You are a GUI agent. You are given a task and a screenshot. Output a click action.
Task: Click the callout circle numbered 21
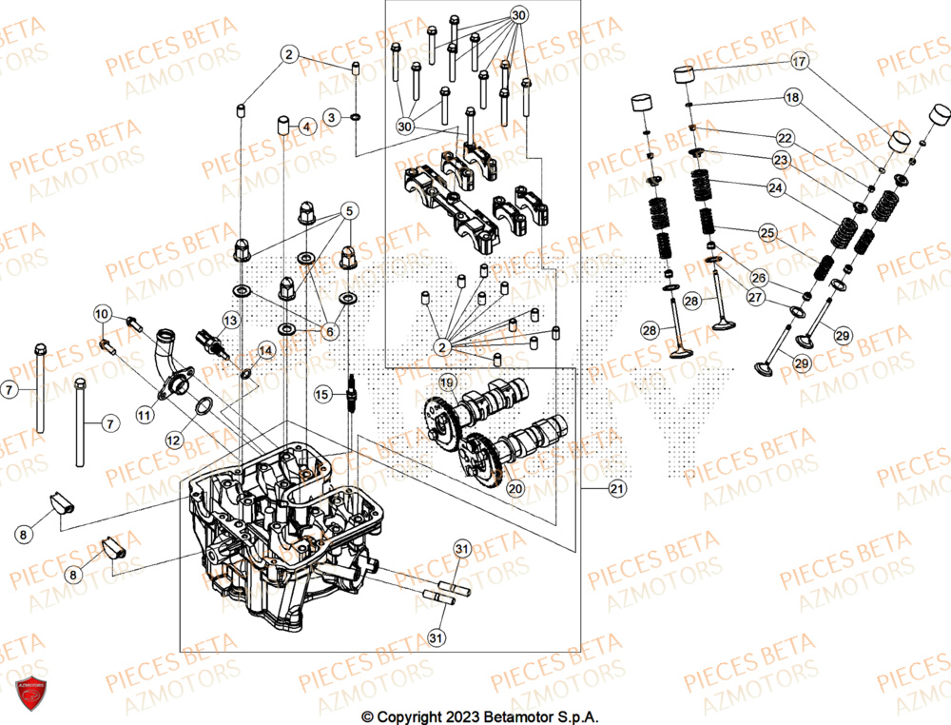click(x=618, y=489)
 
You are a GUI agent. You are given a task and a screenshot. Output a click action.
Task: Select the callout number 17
click(x=799, y=63)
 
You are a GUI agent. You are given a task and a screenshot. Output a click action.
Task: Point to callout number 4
click(x=305, y=127)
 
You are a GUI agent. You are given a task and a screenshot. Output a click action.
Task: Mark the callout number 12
click(x=173, y=441)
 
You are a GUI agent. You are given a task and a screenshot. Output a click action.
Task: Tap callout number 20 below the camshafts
click(x=514, y=487)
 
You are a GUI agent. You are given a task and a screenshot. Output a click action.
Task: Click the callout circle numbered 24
click(x=776, y=188)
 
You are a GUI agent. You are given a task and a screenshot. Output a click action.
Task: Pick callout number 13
click(x=230, y=320)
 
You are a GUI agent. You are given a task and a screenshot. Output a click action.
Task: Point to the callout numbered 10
click(x=103, y=314)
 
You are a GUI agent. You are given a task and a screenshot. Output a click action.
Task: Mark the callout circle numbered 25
click(x=767, y=232)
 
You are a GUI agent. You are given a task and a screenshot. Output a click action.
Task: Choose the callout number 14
click(x=264, y=351)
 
